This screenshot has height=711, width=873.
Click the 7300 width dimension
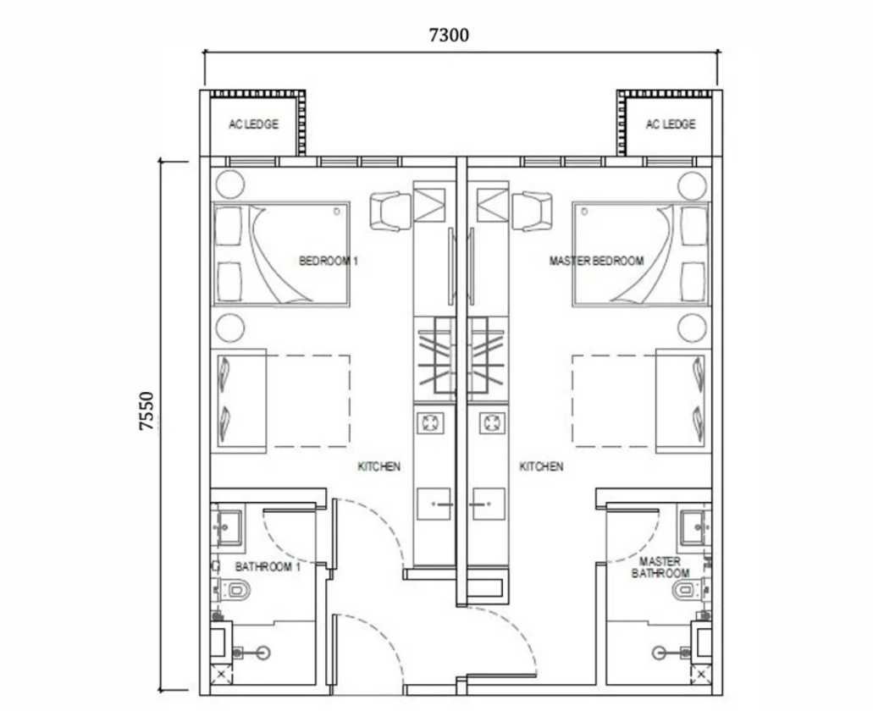(x=449, y=35)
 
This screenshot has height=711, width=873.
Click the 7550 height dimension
(x=146, y=411)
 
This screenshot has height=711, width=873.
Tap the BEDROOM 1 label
(x=329, y=261)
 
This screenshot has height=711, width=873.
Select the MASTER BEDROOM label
(x=596, y=261)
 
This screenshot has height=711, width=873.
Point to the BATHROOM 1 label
(x=268, y=567)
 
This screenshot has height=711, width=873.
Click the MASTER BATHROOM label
(x=660, y=567)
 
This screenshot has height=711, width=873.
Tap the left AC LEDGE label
(x=254, y=124)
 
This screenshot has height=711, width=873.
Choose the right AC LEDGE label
(x=671, y=124)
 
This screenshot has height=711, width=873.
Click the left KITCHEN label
(x=379, y=466)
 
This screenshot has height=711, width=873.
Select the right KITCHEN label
(x=541, y=466)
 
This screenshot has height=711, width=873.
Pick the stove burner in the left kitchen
(x=430, y=423)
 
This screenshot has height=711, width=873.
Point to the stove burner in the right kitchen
(x=492, y=423)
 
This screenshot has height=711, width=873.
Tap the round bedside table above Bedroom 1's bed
(x=230, y=185)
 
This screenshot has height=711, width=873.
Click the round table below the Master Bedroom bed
(x=692, y=328)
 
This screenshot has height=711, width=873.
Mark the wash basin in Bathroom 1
(x=229, y=526)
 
